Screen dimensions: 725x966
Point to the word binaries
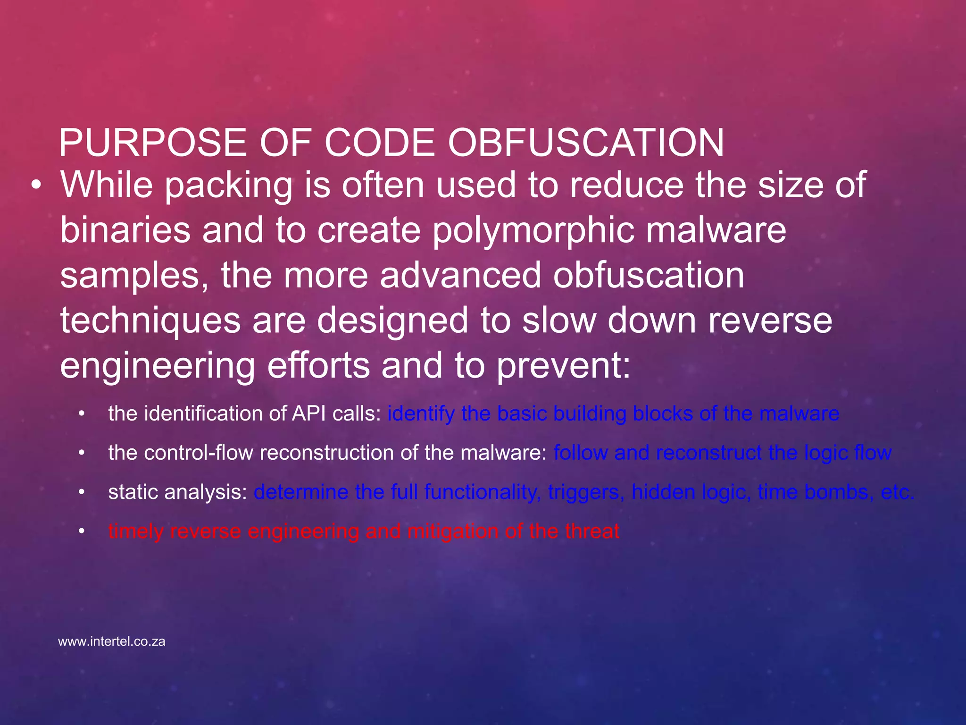(125, 230)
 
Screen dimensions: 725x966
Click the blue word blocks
(662, 414)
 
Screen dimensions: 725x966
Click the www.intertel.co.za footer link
(112, 642)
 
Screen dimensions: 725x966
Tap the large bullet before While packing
(36, 186)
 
